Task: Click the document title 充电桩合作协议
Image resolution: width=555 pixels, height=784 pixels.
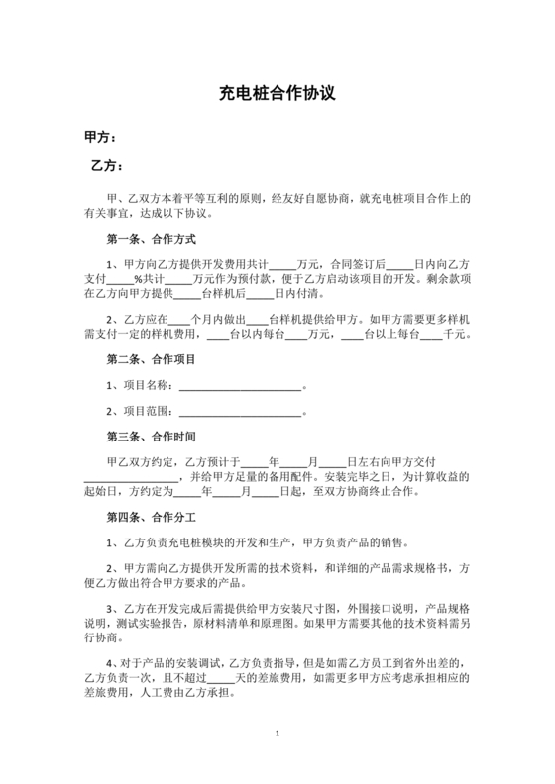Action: coord(277,95)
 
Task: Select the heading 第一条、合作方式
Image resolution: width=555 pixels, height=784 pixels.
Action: coord(151,239)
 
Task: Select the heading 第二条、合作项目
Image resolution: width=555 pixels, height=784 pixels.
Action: coord(151,358)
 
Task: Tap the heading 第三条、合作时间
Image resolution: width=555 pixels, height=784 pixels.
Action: coord(151,435)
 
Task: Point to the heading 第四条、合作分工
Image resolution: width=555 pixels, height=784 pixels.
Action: coord(151,516)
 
